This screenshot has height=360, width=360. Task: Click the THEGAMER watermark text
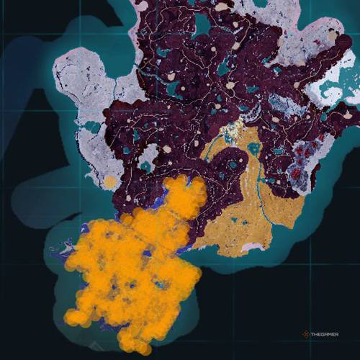tap(333, 334)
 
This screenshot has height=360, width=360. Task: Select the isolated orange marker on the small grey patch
tap(109, 183)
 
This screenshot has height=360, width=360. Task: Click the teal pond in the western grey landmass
tap(91, 127)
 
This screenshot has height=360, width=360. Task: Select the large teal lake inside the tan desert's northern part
tap(253, 150)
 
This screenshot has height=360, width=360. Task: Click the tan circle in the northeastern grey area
tap(333, 34)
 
